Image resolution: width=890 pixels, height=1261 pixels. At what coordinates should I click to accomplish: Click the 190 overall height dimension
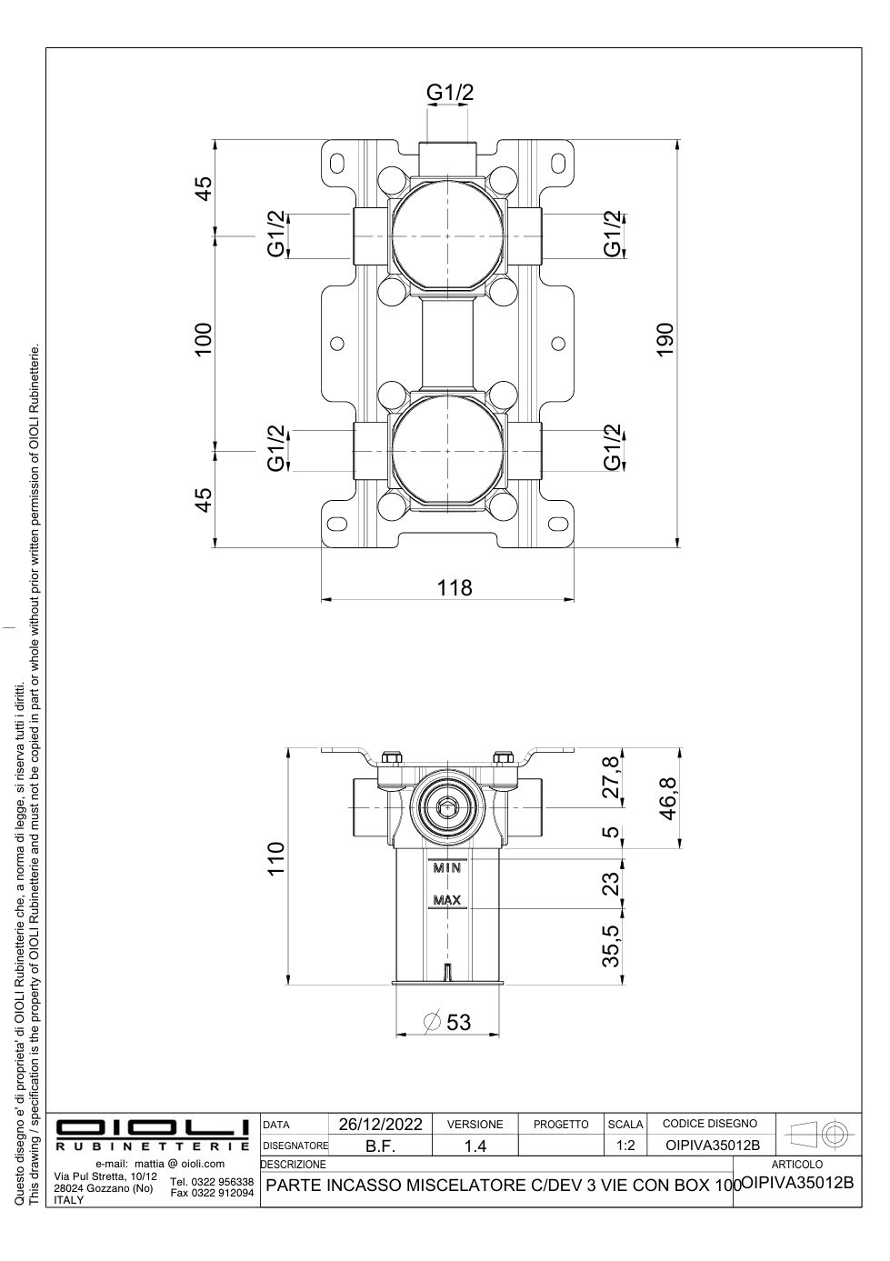(665, 340)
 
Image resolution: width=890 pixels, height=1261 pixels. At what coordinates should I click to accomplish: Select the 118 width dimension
(454, 587)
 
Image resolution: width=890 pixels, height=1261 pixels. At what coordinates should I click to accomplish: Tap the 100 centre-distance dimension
(204, 339)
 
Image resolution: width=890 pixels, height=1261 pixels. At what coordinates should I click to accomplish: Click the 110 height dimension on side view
(275, 858)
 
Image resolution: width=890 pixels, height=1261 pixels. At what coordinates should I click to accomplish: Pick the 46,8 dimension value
(668, 799)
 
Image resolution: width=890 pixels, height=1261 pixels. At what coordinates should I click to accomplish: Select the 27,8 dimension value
(612, 776)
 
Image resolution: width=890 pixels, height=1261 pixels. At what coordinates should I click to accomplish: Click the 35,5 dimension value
(612, 945)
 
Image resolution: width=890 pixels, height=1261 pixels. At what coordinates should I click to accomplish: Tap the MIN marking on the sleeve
(446, 867)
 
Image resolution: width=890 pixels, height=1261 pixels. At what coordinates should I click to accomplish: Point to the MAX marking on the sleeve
(446, 900)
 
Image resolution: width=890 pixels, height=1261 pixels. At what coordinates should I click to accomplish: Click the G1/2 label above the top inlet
(450, 92)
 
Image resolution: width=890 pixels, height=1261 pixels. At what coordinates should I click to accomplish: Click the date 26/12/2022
(380, 1125)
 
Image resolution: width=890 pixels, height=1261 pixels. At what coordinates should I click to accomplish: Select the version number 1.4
(475, 1147)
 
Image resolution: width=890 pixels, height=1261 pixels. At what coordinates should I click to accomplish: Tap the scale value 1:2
(625, 1146)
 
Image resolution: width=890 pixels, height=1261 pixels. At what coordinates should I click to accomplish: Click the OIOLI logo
(153, 1127)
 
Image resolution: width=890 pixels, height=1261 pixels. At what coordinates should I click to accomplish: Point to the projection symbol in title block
(819, 1135)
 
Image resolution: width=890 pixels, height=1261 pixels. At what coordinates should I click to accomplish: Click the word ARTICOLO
(796, 1164)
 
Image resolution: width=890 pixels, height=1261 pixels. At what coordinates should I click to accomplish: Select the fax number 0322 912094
(212, 1193)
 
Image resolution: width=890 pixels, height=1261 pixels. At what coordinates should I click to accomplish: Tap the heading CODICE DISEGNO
(709, 1125)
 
